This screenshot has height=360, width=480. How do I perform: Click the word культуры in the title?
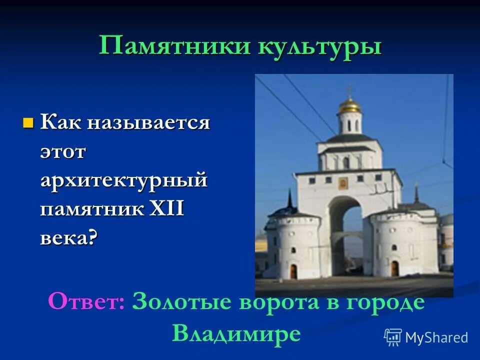coord(319,47)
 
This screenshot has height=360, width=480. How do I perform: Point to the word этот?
coord(63,151)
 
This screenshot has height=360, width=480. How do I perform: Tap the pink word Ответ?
coord(86,302)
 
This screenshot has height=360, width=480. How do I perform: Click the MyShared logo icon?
coord(393,337)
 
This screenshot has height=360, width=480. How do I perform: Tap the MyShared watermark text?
coord(436,337)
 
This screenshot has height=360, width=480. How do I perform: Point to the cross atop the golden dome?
coord(349,90)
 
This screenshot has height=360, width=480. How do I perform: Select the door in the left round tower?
coord(293,270)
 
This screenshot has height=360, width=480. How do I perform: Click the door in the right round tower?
coord(394,268)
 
